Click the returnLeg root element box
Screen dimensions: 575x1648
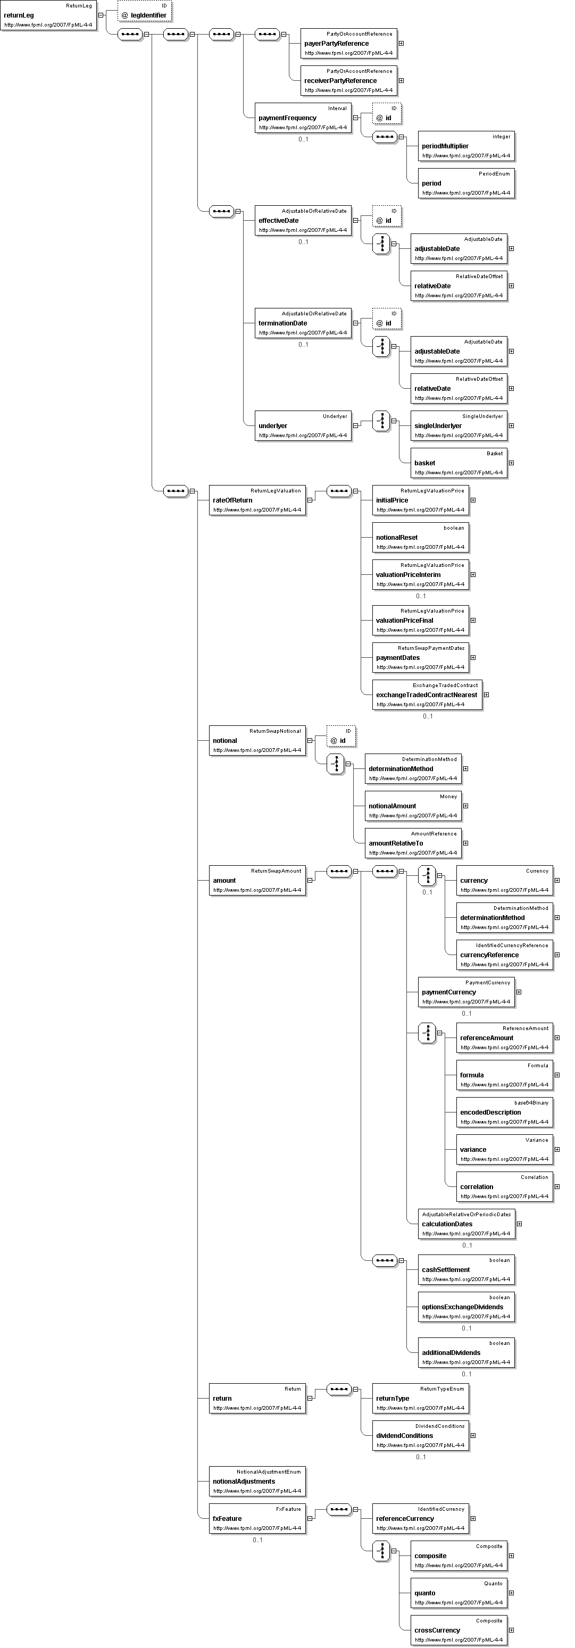coord(48,15)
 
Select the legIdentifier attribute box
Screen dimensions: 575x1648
coord(145,11)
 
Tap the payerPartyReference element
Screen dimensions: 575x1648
coord(348,44)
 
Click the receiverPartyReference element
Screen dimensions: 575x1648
coord(348,81)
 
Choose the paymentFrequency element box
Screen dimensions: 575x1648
coord(303,118)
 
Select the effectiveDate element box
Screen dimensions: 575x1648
coord(303,221)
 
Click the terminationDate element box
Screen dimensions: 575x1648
coord(303,323)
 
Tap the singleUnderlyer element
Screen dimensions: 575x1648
coord(459,426)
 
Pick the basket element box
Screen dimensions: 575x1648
coord(459,463)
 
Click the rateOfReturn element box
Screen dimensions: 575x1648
coord(257,500)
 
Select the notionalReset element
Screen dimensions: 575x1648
coord(420,538)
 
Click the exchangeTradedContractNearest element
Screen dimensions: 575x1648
coord(427,695)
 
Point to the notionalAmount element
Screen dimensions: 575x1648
coord(413,806)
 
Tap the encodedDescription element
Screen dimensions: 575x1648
coord(505,1112)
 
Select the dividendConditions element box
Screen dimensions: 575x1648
coord(420,1436)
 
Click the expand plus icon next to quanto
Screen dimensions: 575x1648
coord(511,1593)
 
